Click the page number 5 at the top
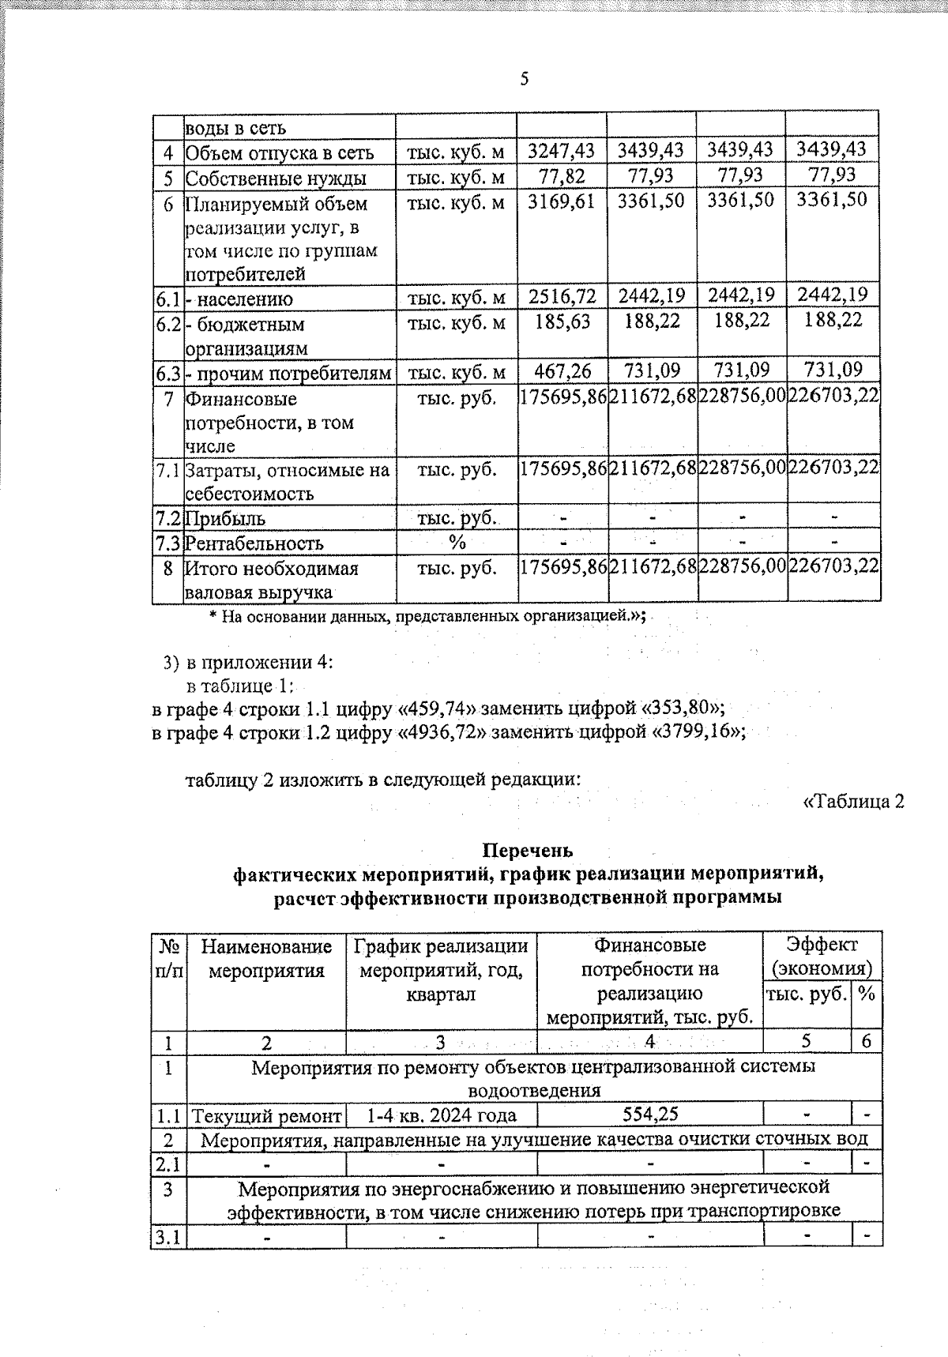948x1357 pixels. point(524,80)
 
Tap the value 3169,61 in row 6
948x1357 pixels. point(561,200)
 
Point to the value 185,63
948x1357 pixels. point(561,321)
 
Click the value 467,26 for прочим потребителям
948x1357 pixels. point(561,370)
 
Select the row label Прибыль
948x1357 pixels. point(225,519)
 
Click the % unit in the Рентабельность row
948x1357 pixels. point(457,543)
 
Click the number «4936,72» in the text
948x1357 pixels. point(442,731)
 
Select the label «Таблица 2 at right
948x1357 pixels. point(853,802)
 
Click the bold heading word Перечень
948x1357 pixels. point(527,850)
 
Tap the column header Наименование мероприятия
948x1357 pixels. point(266,957)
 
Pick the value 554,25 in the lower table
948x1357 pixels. point(649,1115)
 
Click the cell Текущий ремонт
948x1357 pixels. point(266,1115)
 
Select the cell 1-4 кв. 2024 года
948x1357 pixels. point(442,1115)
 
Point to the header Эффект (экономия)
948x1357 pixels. point(822,956)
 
